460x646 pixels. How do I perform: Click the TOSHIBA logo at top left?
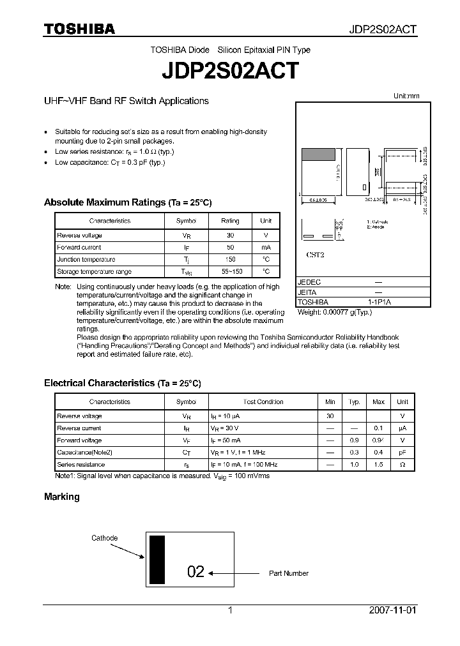79,29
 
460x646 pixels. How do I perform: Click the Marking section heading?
61,497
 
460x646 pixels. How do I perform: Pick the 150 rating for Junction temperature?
230,260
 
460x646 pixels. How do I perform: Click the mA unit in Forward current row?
265,248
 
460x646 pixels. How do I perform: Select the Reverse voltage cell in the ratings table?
79,236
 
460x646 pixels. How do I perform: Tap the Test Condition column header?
263,402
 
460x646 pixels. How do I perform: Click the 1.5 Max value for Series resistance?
378,465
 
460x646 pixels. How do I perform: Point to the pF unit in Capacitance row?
402,453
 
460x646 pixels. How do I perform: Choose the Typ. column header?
354,402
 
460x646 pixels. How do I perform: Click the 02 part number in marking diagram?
195,572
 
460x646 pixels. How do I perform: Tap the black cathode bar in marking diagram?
157,560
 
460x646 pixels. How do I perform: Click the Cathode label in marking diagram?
104,538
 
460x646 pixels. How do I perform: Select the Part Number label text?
289,573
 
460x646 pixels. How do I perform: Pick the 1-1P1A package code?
378,302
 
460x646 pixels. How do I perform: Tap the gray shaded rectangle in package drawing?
318,154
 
